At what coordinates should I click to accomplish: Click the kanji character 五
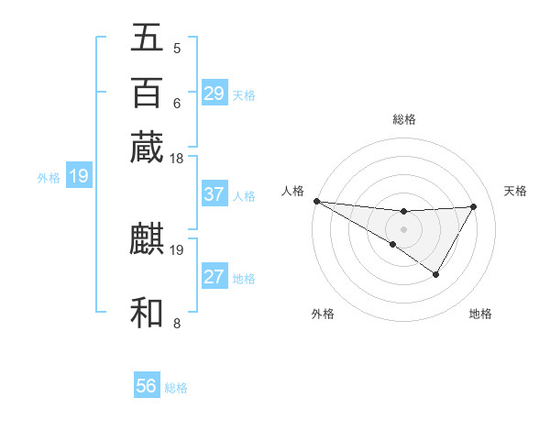pos(148,39)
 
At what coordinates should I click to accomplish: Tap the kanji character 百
pos(148,93)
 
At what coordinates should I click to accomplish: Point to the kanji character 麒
pos(148,240)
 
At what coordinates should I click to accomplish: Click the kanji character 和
pos(148,312)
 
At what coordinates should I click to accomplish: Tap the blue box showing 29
pos(214,94)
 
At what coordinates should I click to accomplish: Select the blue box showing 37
pos(214,194)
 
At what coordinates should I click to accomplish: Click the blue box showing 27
pos(214,277)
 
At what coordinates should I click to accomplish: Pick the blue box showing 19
pos(78,176)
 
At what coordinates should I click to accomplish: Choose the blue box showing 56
pos(147,386)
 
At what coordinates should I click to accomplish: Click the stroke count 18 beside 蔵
pos(177,159)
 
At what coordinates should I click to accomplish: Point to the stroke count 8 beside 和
pos(177,323)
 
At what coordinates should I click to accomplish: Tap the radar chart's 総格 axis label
pos(403,119)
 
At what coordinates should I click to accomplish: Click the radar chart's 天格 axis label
pos(515,191)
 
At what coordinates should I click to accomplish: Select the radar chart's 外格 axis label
pos(323,314)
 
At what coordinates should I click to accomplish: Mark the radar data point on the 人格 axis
pos(316,201)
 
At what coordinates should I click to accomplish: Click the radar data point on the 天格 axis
pos(474,206)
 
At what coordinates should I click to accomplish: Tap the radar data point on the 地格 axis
pos(436,274)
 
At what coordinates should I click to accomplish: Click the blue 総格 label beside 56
pos(176,388)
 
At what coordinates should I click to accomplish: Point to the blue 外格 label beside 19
pos(48,178)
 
